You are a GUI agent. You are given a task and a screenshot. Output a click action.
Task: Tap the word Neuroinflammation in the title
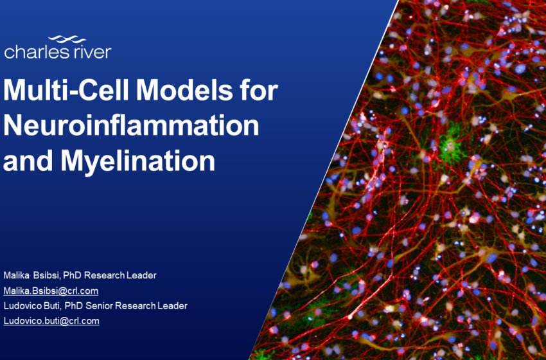131,126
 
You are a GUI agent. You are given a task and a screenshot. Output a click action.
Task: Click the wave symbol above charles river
66,40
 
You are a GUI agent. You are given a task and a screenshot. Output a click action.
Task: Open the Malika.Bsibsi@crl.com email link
51,291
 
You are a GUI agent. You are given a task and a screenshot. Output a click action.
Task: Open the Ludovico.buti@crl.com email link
51,321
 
